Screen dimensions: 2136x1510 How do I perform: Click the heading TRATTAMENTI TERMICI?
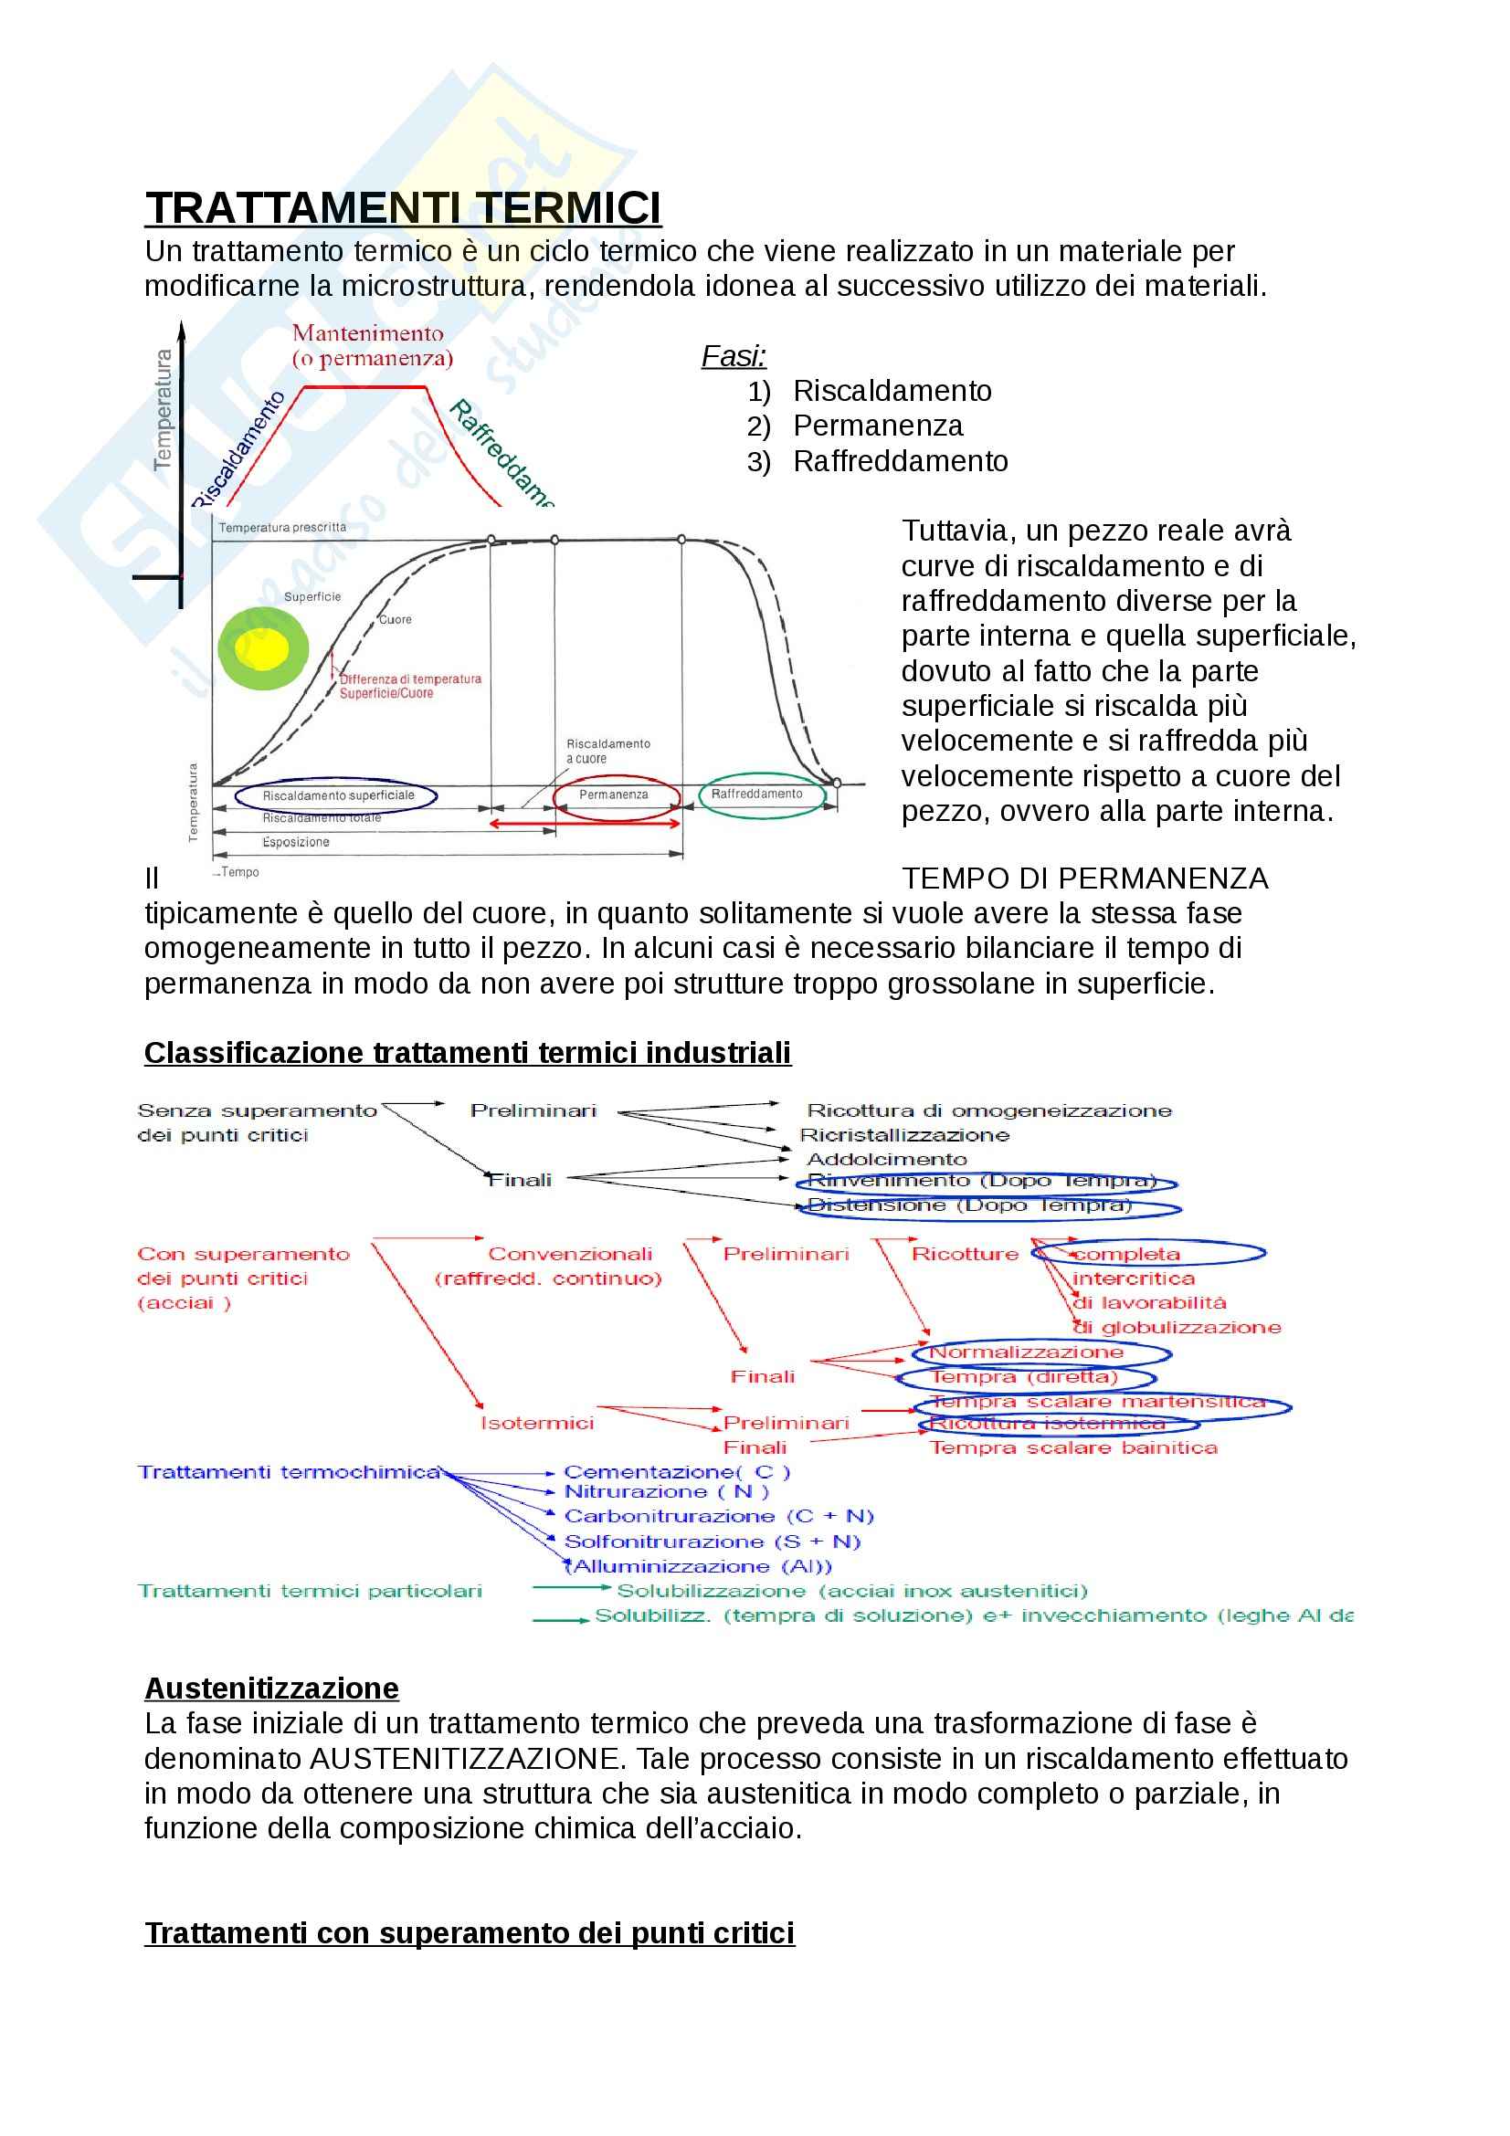[x=403, y=208]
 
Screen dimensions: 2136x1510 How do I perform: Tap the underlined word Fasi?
[x=734, y=356]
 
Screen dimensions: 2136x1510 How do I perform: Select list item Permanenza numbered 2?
[x=877, y=426]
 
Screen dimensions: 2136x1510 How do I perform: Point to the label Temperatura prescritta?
[x=282, y=528]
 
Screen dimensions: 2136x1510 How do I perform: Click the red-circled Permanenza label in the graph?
[x=613, y=794]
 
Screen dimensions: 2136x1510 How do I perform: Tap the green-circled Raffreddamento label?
[x=756, y=794]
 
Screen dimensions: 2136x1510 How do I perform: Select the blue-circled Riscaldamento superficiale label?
[x=338, y=795]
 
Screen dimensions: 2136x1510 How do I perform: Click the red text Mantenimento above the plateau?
[x=367, y=334]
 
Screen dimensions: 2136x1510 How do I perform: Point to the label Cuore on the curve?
[x=396, y=619]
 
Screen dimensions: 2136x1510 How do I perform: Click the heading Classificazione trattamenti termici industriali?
[x=467, y=1053]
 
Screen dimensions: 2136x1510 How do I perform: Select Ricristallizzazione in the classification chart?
[x=904, y=1135]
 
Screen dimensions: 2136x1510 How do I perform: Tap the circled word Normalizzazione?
[x=1026, y=1352]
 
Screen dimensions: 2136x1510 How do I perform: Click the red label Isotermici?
[x=537, y=1424]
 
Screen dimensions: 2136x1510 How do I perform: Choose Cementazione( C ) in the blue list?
[x=676, y=1472]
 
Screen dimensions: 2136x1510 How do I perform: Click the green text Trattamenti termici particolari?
[x=310, y=1592]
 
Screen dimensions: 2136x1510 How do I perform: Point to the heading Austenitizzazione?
[x=271, y=1689]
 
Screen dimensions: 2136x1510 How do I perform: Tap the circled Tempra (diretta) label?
[x=1024, y=1377]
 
